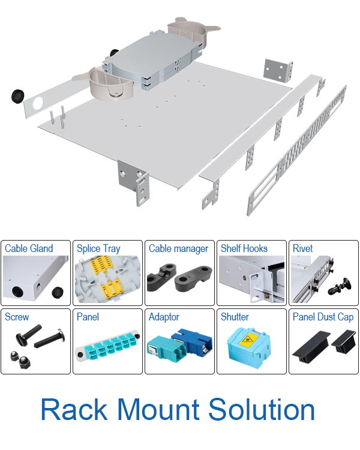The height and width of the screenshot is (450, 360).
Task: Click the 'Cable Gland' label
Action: coord(29,248)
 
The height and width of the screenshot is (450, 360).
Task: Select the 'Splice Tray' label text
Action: coord(98,249)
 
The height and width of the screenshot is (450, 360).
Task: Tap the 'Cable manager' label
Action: coord(178,248)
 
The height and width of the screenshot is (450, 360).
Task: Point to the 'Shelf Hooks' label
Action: coord(244,248)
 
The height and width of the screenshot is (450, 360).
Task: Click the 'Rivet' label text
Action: coord(302,248)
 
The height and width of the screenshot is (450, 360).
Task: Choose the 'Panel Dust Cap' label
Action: coord(323,317)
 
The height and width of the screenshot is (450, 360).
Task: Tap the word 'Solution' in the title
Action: coord(262,410)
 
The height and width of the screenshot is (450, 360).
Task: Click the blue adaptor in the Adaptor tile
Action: coord(193,342)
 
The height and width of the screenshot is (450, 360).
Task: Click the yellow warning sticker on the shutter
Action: coord(248,340)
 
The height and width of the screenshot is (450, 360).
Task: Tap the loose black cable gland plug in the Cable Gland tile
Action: coord(58,292)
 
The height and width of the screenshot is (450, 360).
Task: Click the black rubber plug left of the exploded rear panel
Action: coord(18,96)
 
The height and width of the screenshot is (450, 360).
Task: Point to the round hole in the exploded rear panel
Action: coord(38,104)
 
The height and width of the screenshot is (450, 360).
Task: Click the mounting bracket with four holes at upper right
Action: coord(278,70)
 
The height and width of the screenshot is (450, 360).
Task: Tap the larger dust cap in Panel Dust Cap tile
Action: coord(311,347)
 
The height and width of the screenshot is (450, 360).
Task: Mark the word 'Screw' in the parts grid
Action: coord(17,317)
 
